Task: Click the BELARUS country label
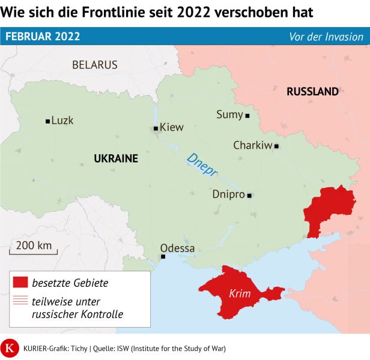[x=95, y=65]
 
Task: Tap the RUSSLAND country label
[x=312, y=92]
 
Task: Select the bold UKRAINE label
[x=116, y=158]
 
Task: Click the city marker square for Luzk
[x=47, y=121]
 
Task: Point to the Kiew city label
[x=172, y=127]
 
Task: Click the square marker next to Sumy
[x=247, y=115]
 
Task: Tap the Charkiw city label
[x=252, y=145]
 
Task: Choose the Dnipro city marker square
[x=249, y=195]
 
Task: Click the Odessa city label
[x=177, y=248]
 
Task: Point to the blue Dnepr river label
[x=202, y=167]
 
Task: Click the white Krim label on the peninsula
[x=239, y=294]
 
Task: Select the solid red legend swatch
[x=20, y=282]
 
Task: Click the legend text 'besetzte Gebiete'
[x=70, y=282]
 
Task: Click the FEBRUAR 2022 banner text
[x=43, y=37]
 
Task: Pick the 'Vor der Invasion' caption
[x=326, y=37]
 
